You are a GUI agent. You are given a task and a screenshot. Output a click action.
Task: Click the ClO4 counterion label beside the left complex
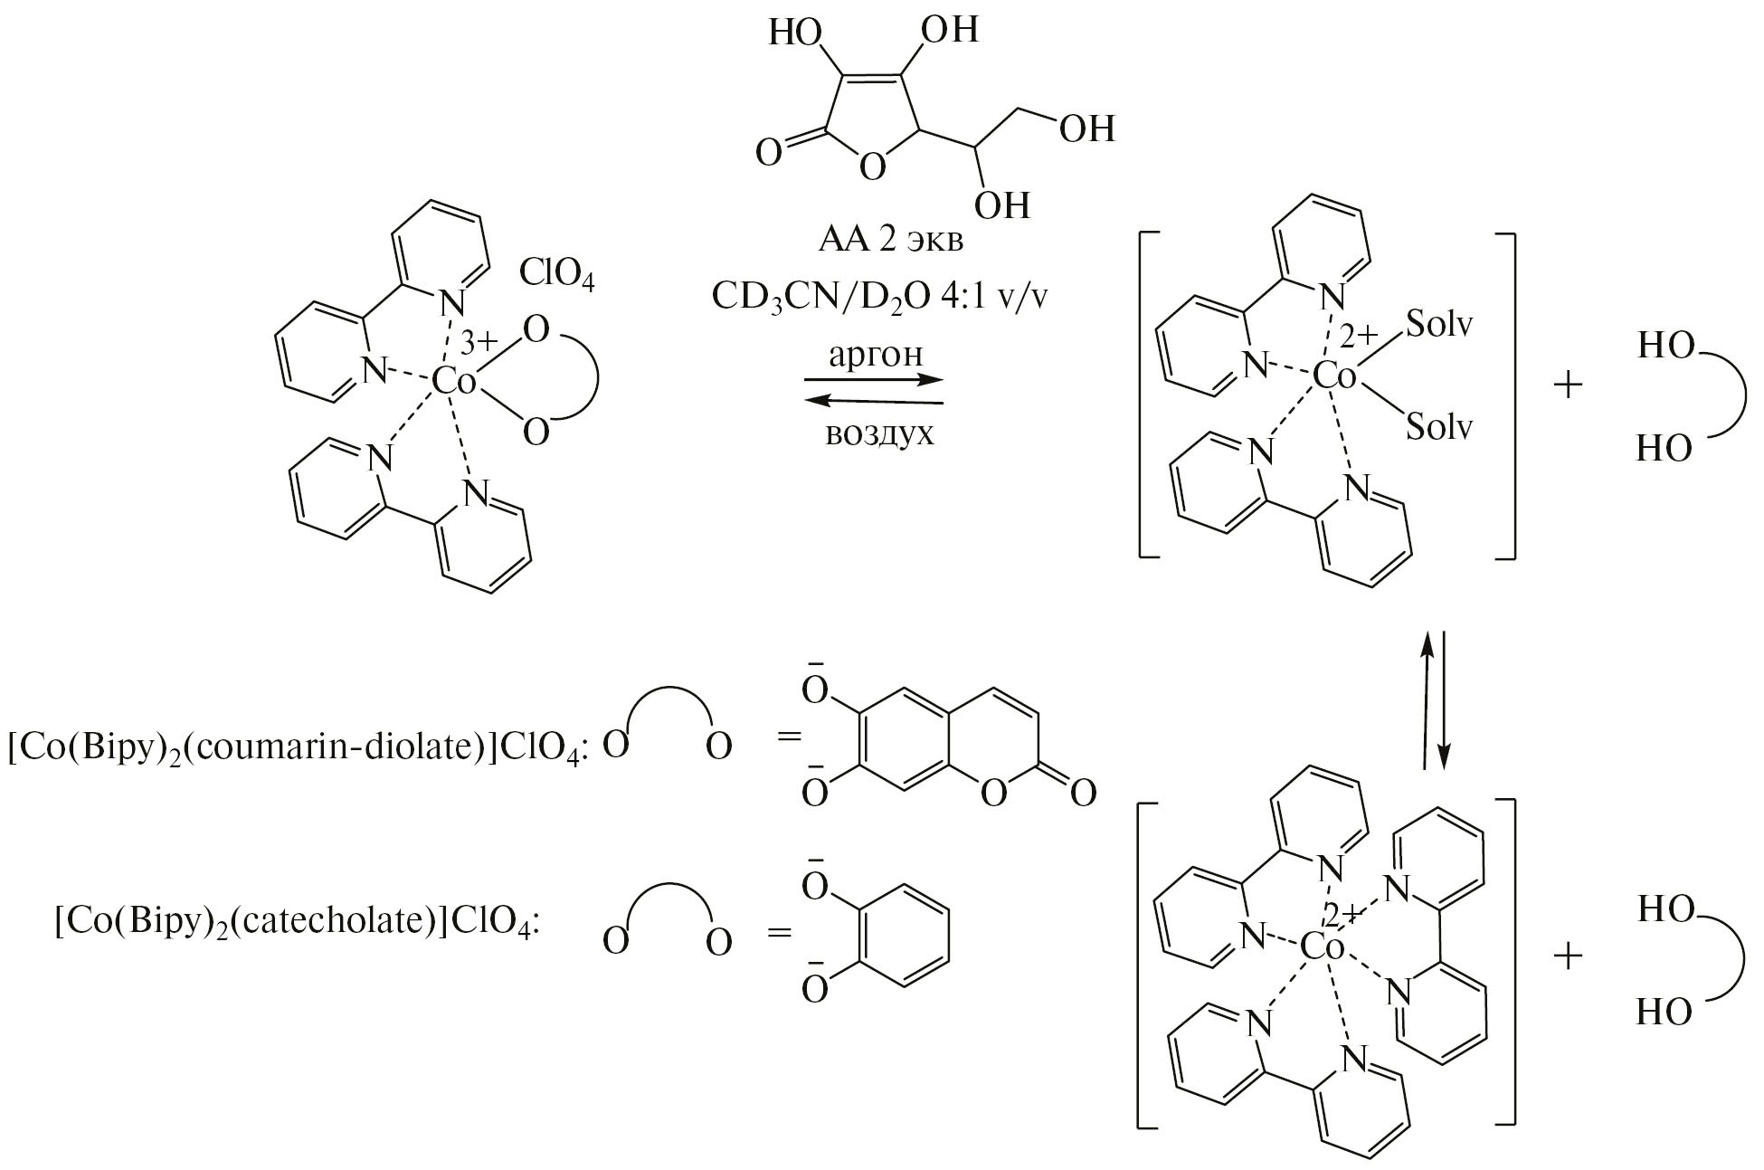556,273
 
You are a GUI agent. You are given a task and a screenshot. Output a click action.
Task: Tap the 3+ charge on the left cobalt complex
479,343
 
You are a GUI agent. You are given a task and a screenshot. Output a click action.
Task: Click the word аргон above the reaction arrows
875,355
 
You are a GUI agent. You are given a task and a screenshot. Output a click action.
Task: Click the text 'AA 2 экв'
890,242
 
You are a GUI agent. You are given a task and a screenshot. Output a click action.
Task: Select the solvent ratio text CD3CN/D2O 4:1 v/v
877,298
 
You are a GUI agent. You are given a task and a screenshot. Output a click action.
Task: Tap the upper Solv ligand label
1439,324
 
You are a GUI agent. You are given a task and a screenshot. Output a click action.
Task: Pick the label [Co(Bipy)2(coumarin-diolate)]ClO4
298,748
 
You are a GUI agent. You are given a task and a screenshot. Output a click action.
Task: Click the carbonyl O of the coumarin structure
1083,794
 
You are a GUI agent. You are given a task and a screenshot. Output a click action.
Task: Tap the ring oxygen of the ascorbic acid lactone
871,167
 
